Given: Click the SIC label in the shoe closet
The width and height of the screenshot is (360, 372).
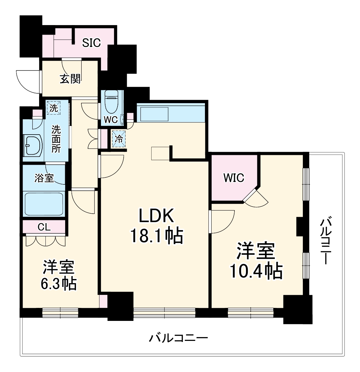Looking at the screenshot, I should [x=91, y=43].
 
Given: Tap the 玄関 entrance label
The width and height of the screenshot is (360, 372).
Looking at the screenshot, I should [x=70, y=79].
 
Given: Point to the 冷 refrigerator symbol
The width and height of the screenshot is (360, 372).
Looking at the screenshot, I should [x=119, y=139].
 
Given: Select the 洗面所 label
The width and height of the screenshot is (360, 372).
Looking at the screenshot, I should [x=56, y=139].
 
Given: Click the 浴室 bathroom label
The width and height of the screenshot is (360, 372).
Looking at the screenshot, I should [x=44, y=178].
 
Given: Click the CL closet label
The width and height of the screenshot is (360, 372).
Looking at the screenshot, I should [x=44, y=227].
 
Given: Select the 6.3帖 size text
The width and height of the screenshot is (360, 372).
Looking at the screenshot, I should [x=58, y=283].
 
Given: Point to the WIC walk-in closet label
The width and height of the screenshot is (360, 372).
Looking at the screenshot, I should [x=234, y=178].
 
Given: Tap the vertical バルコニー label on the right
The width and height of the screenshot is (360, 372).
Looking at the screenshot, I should [x=326, y=240].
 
